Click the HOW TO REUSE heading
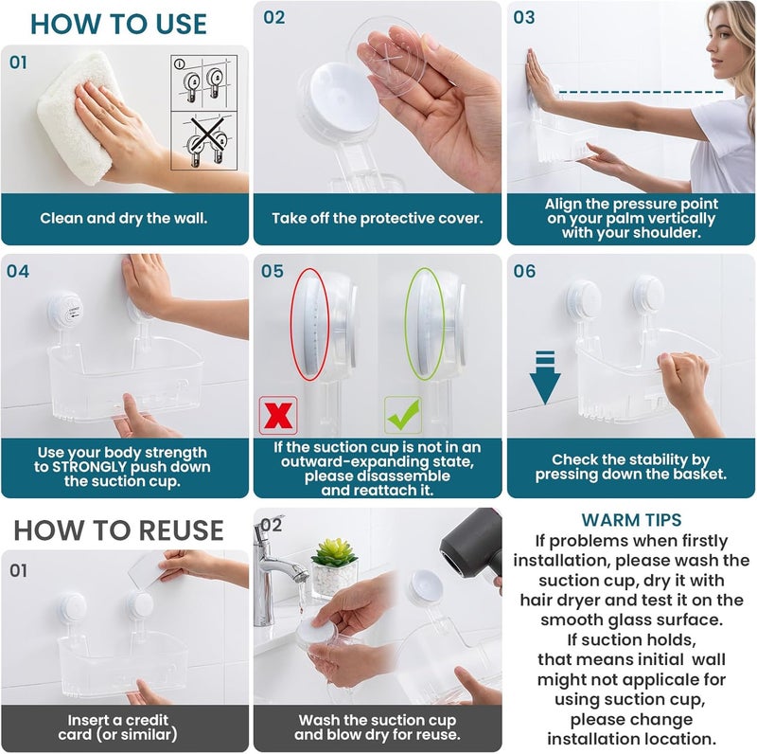click(x=118, y=529)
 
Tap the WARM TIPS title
click(x=631, y=520)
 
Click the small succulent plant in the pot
click(x=334, y=554)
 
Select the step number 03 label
click(x=523, y=17)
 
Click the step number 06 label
click(x=523, y=272)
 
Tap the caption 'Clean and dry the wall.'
click(x=124, y=218)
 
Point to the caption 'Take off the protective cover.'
click(x=377, y=218)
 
